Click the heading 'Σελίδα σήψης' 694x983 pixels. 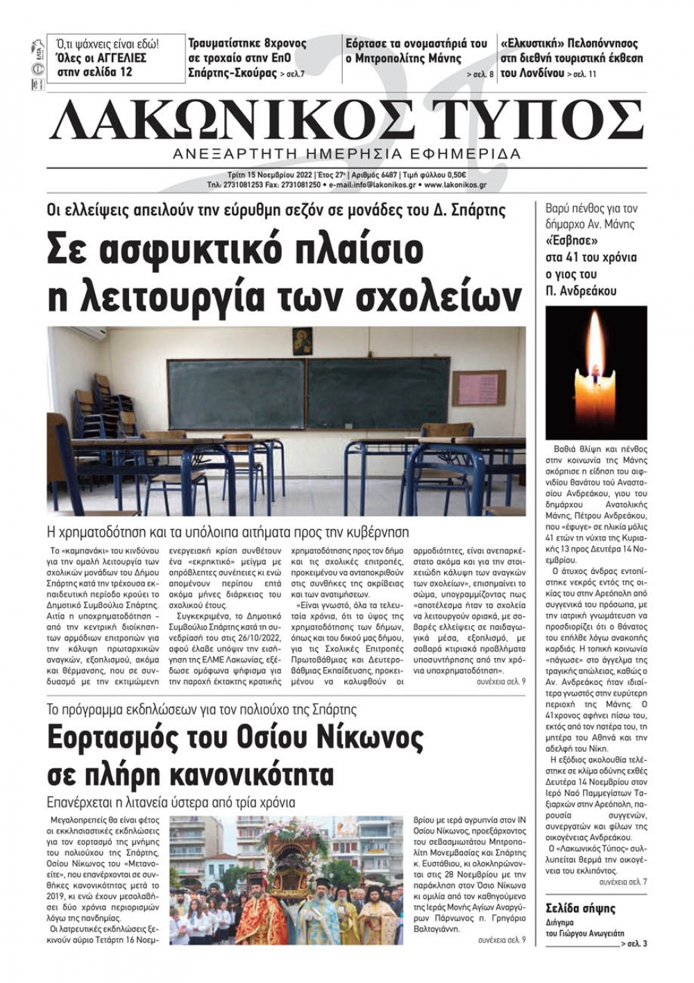point(580,909)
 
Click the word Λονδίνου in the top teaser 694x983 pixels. point(537,73)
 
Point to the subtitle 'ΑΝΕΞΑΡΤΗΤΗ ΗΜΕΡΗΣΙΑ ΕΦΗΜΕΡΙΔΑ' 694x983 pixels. point(347,154)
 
